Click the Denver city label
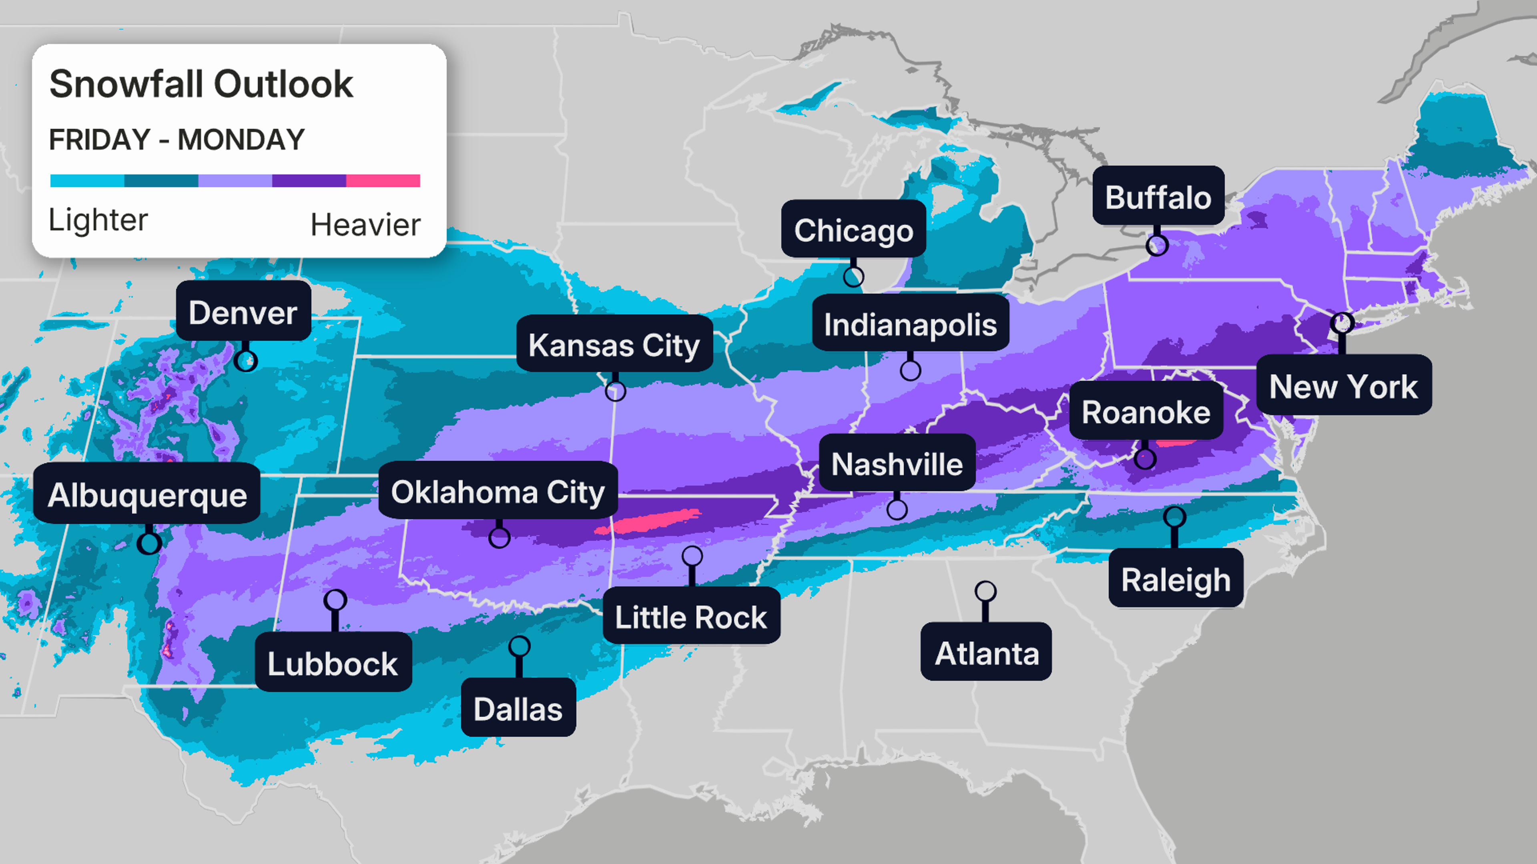tap(243, 312)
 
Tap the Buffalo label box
tap(1158, 197)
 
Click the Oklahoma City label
tap(498, 492)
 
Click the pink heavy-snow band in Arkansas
tap(650, 522)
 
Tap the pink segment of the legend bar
tap(383, 181)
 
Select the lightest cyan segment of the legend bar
tap(87, 181)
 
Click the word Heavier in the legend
tap(365, 225)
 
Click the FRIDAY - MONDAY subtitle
tap(177, 140)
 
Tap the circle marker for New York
tap(1342, 322)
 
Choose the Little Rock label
tap(691, 616)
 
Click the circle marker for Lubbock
tap(335, 599)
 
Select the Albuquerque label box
tap(147, 494)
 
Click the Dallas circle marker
tap(519, 646)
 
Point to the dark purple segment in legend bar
tap(309, 181)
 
